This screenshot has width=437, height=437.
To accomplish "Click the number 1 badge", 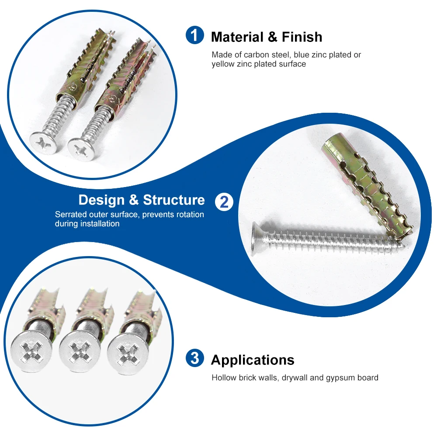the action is tap(195, 35).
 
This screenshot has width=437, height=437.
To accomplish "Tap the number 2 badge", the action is tap(224, 201).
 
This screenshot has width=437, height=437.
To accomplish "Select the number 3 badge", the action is tap(195, 358).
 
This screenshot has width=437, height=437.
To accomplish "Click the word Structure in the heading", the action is tap(174, 200).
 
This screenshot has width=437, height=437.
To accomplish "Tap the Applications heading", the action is tap(253, 360).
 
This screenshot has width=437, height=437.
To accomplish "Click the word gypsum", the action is tap(340, 378).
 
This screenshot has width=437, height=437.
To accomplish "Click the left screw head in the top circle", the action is tap(43, 142).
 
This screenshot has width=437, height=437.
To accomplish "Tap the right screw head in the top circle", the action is tap(81, 149).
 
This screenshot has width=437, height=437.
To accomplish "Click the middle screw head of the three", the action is tap(76, 351).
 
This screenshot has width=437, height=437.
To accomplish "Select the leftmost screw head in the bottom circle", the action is tap(31, 350).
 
